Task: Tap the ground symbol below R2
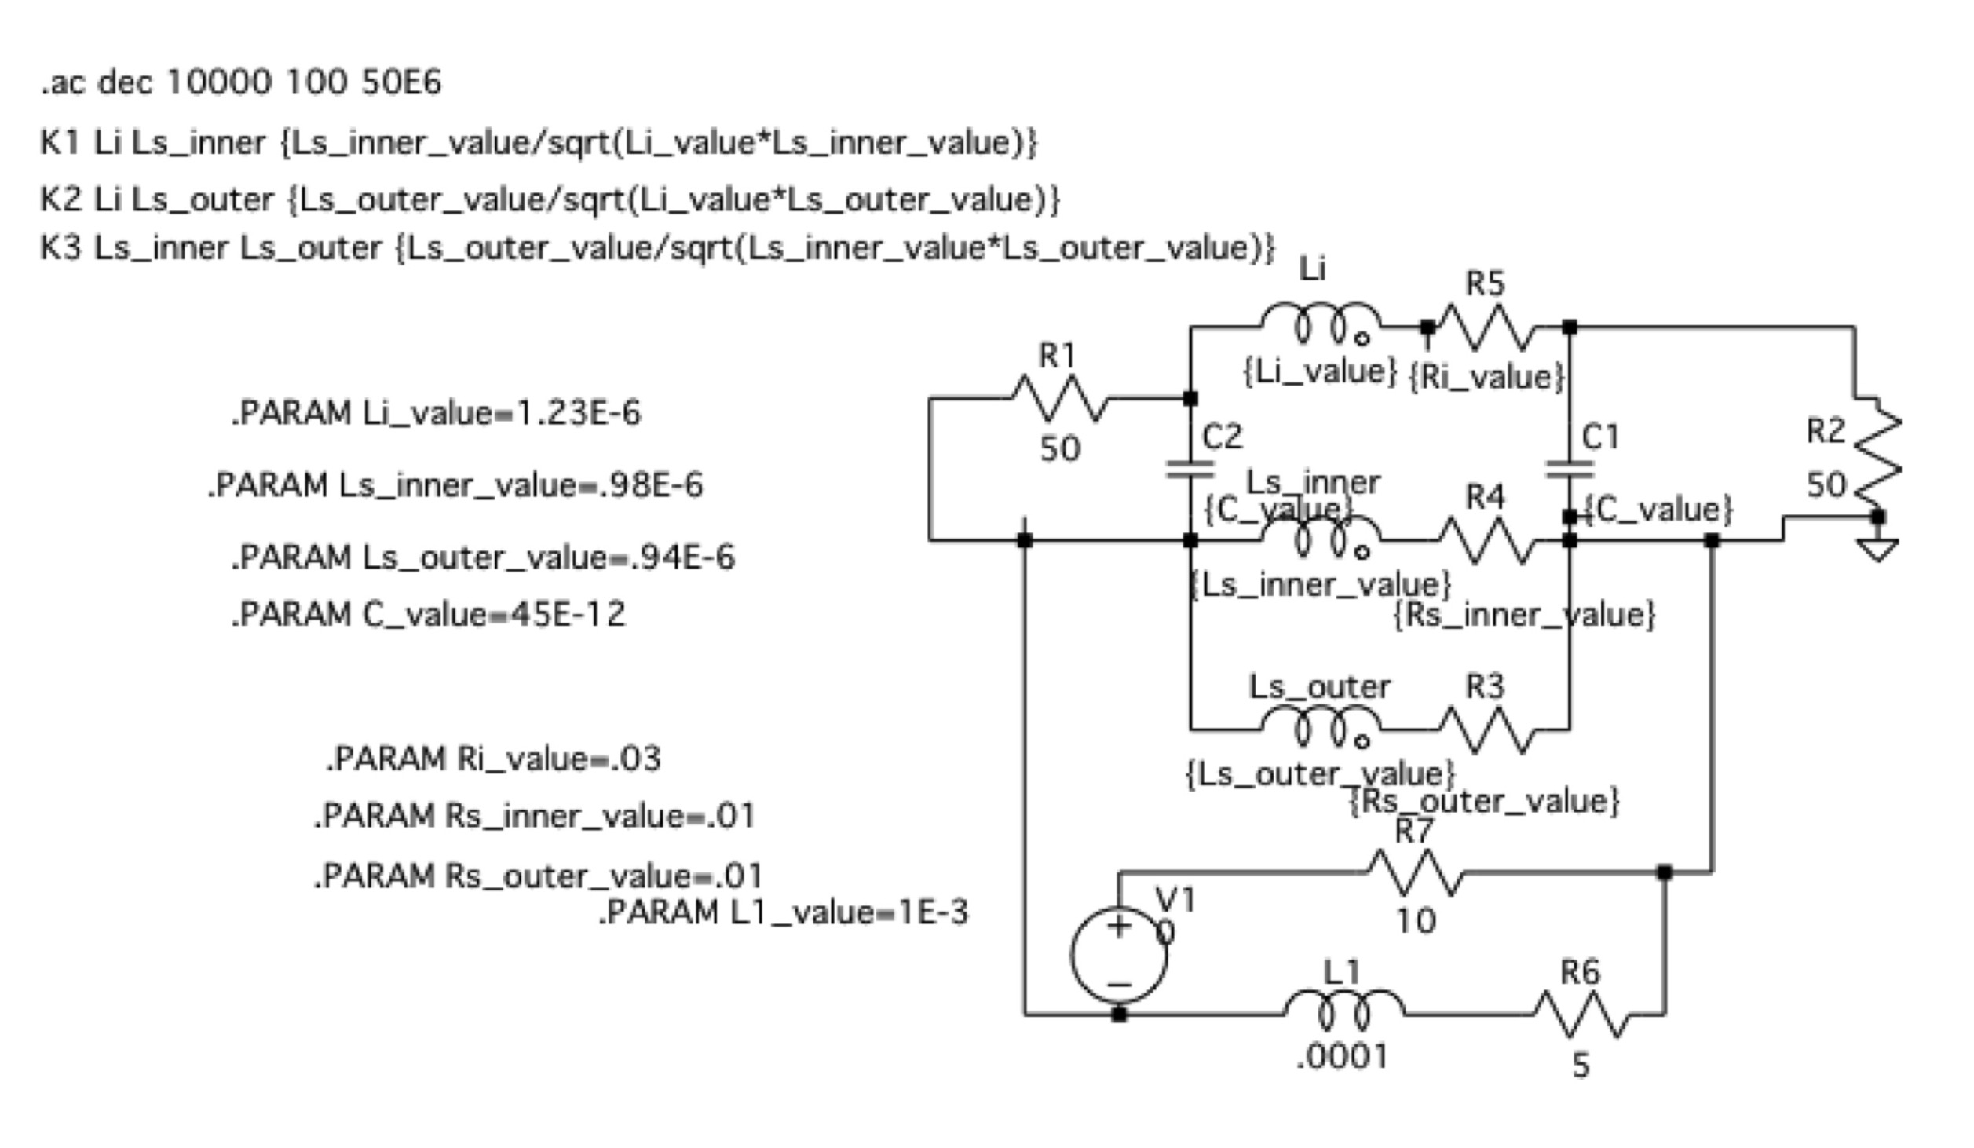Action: tap(1877, 549)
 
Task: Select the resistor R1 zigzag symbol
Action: tap(1059, 398)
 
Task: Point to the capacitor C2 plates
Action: tap(1190, 470)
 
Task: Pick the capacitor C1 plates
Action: tap(1570, 470)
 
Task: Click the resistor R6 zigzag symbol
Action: tap(1581, 1015)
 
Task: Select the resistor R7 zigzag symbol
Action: tap(1416, 872)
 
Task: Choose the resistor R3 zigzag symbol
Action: tap(1486, 730)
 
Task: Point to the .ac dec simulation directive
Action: tap(242, 82)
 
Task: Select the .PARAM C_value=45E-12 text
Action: tap(429, 614)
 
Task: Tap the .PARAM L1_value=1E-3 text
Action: tap(784, 912)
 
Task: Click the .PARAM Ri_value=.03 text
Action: tap(494, 759)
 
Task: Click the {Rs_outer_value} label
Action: tap(1485, 802)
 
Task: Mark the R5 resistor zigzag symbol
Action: tap(1486, 327)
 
